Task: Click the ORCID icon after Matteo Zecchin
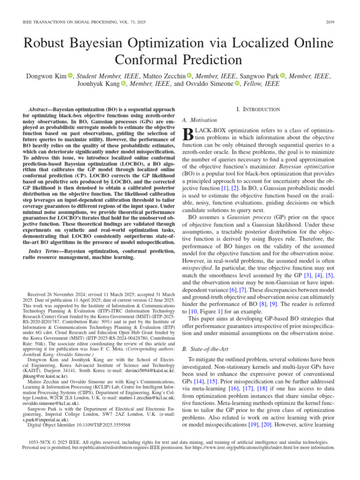click(x=189, y=75)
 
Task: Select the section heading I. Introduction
click(x=258, y=109)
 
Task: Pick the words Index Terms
click(x=43, y=252)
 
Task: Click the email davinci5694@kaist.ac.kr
click(x=141, y=370)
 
